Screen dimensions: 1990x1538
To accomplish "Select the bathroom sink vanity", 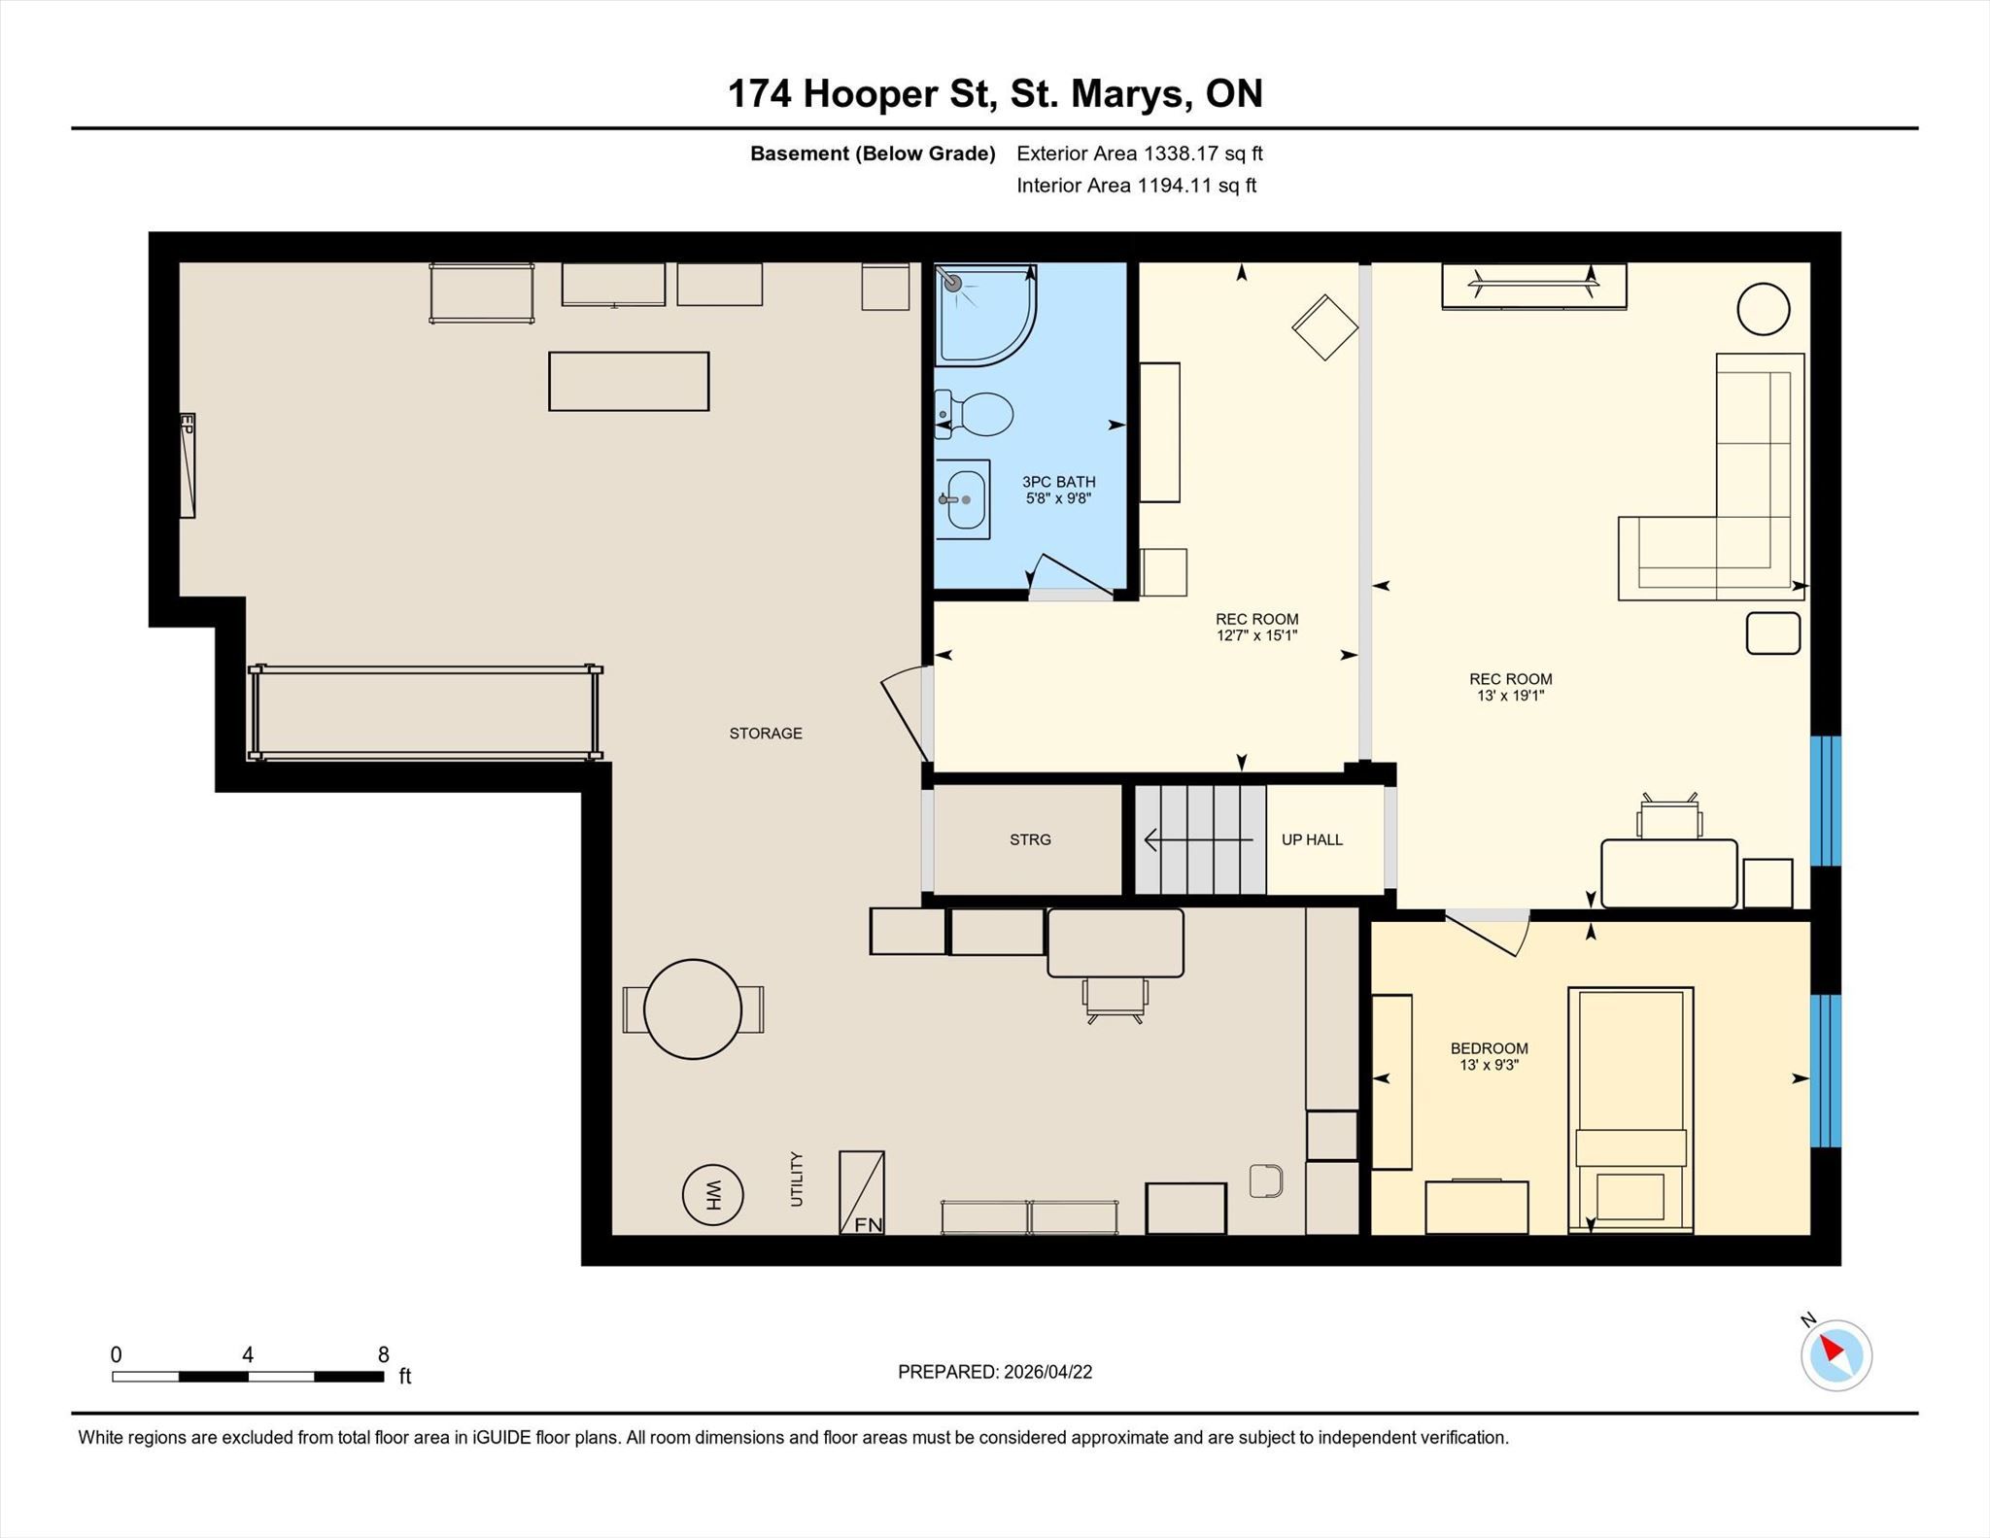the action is coord(962,499).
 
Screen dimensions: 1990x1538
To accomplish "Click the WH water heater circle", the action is coord(712,1194).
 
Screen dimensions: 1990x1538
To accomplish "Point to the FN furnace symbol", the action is coord(862,1193).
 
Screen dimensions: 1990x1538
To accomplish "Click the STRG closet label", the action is coord(1030,839).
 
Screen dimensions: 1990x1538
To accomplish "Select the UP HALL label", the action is coord(1312,839).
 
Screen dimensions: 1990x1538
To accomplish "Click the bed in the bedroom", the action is coord(1630,1111).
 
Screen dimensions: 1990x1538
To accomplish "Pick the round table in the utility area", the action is coord(693,1009).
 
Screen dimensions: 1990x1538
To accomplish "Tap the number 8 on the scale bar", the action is coord(384,1354).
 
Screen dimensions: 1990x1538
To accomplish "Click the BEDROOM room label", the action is coord(1489,1048).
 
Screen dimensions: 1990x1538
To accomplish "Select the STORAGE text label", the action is coord(766,734).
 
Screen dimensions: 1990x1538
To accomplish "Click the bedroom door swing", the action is coord(1490,934).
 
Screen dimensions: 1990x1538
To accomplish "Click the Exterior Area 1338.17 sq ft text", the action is coord(1139,154).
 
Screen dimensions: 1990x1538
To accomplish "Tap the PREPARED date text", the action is coord(995,1372).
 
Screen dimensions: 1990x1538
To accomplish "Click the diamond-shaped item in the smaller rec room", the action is coord(1324,327).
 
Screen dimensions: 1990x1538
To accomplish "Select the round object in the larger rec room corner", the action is coord(1763,309).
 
